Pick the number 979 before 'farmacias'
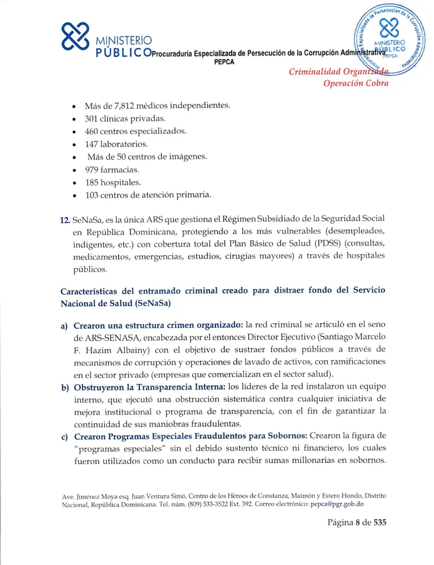pyautogui.click(x=93, y=170)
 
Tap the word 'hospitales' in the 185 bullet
pyautogui.click(x=125, y=183)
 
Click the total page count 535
pyautogui.click(x=380, y=522)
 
